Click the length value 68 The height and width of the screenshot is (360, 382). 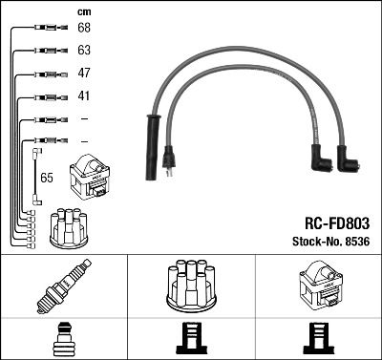tap(84, 28)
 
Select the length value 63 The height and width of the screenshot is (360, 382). tap(84, 50)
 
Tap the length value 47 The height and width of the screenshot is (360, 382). tap(84, 74)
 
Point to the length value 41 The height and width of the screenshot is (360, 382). tap(84, 96)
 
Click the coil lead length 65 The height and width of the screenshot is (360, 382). tap(46, 178)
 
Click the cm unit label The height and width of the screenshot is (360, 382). tap(84, 11)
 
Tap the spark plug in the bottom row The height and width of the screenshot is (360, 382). tap(63, 286)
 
